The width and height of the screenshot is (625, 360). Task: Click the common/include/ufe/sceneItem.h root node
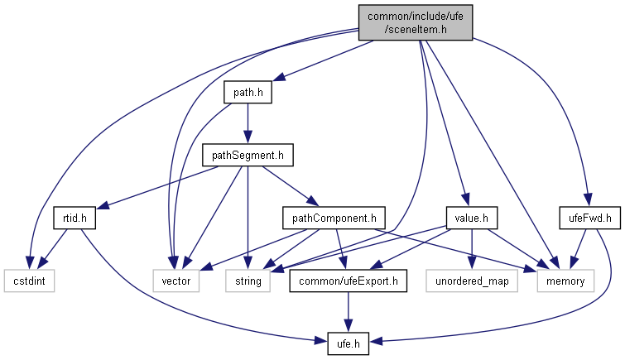(415, 22)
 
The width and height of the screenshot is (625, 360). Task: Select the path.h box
(248, 92)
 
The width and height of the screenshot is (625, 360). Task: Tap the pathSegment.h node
(248, 155)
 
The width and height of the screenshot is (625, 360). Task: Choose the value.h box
(470, 218)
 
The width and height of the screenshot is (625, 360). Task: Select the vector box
(175, 281)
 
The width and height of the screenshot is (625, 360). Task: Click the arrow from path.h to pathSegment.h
(248, 123)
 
